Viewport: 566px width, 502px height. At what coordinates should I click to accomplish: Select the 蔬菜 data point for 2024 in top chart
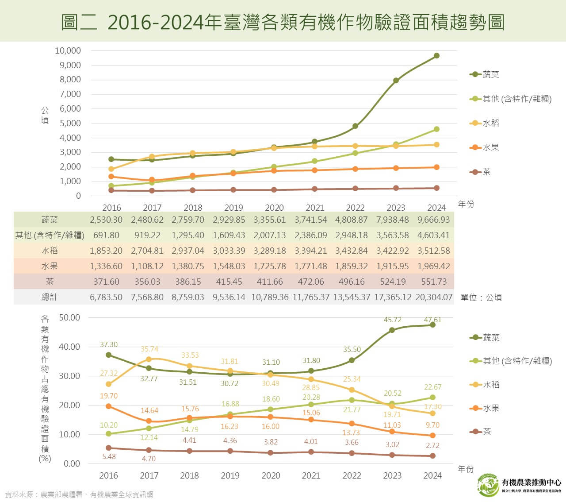coord(436,56)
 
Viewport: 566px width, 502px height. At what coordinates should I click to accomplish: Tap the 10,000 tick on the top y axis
coord(68,50)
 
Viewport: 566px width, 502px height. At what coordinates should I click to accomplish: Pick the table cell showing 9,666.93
coord(433,220)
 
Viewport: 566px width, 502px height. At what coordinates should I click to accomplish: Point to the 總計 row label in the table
coord(50,297)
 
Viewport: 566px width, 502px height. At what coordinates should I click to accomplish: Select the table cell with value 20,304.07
coord(434,297)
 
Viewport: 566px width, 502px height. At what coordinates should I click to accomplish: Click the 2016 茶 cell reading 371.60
coord(106,282)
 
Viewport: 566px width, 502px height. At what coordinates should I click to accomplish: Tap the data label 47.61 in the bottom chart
coord(432,319)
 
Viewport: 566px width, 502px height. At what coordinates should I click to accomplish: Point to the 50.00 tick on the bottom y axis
coord(69,317)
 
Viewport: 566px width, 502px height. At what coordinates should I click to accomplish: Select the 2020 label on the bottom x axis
coord(271,475)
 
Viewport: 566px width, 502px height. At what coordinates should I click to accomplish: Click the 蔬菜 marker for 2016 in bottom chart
coord(109,355)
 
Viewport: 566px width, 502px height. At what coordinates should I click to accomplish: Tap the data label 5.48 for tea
coord(109,456)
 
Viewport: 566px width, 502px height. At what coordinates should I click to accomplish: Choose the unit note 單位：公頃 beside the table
coord(481,297)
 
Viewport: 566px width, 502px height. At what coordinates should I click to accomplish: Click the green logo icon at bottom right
coord(488,485)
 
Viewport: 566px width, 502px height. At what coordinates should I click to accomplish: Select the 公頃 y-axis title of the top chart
coord(45,115)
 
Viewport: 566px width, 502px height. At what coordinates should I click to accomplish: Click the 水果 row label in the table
coord(50,266)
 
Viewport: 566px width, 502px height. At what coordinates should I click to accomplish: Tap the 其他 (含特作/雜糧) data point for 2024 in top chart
coord(436,129)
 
